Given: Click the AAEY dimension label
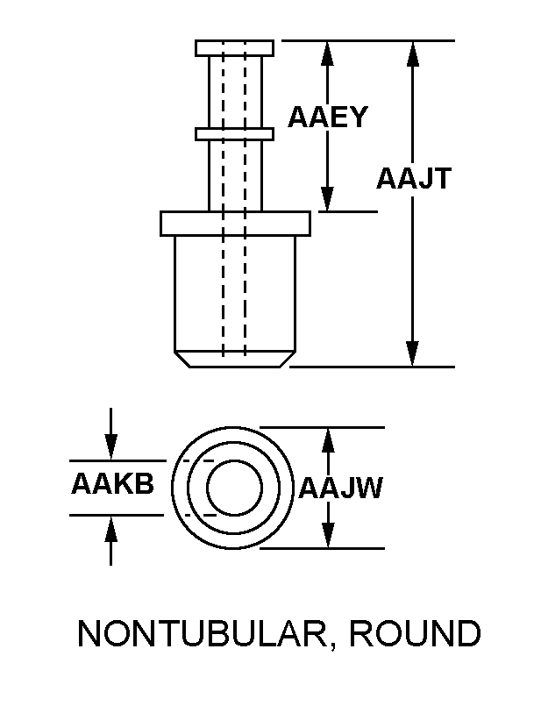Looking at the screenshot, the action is coord(328,118).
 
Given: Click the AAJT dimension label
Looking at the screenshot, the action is coord(414,178).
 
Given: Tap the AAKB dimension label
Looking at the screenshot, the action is coord(112,484).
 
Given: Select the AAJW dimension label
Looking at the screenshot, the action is coord(340,488).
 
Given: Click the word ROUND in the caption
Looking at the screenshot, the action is coord(415,633).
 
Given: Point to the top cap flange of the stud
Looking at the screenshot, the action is coord(234,48).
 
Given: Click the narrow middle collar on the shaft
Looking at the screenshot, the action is coord(234,133).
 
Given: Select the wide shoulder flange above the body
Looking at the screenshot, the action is coord(235,224).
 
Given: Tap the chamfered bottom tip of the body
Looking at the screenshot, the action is coord(235,360).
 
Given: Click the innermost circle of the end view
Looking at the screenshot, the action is coord(234,488).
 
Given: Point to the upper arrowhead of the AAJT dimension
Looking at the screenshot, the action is coord(413,54).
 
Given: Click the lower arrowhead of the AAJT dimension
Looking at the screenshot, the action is coord(413,354).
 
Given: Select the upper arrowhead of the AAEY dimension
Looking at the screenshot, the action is coord(328,54).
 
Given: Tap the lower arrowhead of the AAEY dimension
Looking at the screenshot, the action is coord(328,198).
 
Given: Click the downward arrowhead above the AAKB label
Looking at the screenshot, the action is coord(110,447).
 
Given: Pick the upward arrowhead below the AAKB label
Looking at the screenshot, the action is coord(110,529).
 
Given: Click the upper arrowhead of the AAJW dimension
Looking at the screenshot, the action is coord(329,441).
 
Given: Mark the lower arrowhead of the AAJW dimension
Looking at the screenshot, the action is coord(329,535).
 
